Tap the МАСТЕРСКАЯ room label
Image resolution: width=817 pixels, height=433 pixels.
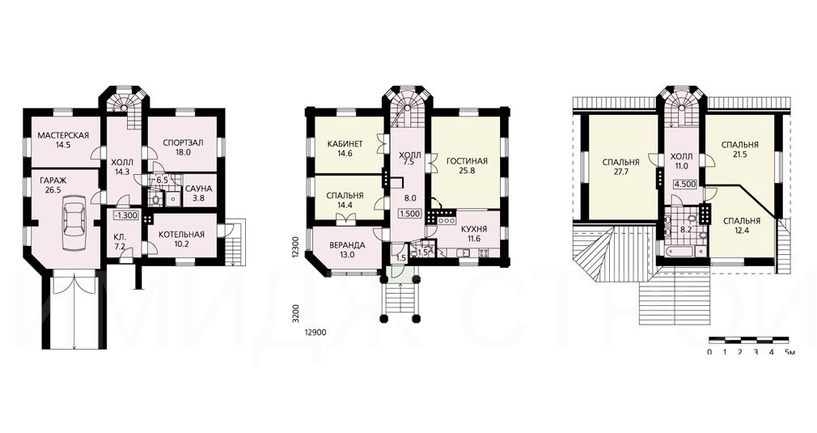coord(63,135)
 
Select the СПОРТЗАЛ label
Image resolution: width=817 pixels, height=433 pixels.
coord(183,142)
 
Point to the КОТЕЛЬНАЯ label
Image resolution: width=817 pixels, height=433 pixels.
coord(181,235)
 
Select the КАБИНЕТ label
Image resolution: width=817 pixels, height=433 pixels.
coord(345,144)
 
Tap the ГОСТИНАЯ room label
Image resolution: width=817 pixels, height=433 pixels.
coord(467,160)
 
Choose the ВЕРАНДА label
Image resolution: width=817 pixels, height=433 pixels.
coord(347,245)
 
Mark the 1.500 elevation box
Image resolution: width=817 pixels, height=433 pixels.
coord(409,214)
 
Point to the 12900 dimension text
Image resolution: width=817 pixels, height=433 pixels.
coord(315,331)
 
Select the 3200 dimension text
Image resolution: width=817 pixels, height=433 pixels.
coord(295,312)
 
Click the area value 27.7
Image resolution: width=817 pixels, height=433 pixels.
coord(620,171)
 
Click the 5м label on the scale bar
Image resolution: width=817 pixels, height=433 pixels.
coord(789,352)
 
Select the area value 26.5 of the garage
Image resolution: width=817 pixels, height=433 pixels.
coord(50,190)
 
